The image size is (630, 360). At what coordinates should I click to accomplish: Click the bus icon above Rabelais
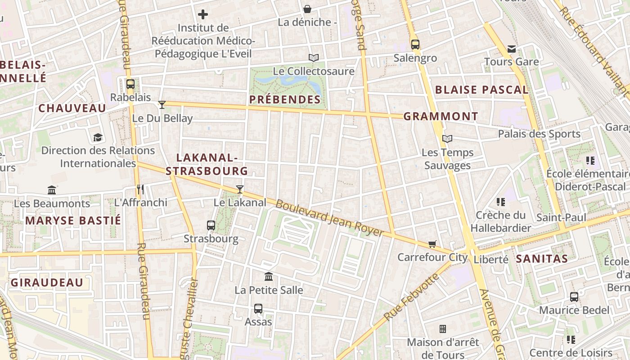coord(130,84)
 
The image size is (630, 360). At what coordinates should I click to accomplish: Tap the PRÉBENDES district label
coord(285,99)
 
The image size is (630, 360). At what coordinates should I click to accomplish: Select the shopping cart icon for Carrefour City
coord(432,244)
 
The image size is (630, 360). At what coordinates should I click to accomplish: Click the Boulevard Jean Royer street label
coord(329,218)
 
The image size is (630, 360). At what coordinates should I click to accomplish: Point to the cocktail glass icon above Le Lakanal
coord(240,189)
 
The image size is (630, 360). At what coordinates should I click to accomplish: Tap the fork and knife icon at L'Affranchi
coord(140,189)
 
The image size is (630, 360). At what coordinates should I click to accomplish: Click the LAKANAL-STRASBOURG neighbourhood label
coord(207,164)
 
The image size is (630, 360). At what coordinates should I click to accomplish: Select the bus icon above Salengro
coord(415,45)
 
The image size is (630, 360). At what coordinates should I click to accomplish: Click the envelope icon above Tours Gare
coord(512,49)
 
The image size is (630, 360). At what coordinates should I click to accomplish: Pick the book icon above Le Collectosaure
coord(314,58)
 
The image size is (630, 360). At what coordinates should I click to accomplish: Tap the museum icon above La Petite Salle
coord(269,276)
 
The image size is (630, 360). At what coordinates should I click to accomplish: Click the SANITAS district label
coord(541,259)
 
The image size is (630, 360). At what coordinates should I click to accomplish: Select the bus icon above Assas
coord(258,309)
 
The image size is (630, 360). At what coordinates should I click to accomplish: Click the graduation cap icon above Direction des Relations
coord(98,137)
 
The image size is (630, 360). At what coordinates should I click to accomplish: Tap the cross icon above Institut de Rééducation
coord(203,14)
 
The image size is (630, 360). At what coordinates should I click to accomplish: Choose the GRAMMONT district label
coord(441,117)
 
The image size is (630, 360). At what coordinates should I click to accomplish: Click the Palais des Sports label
coord(539,134)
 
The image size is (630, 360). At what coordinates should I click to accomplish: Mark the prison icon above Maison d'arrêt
coord(443,329)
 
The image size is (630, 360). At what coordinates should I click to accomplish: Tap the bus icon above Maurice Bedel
coord(574,297)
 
